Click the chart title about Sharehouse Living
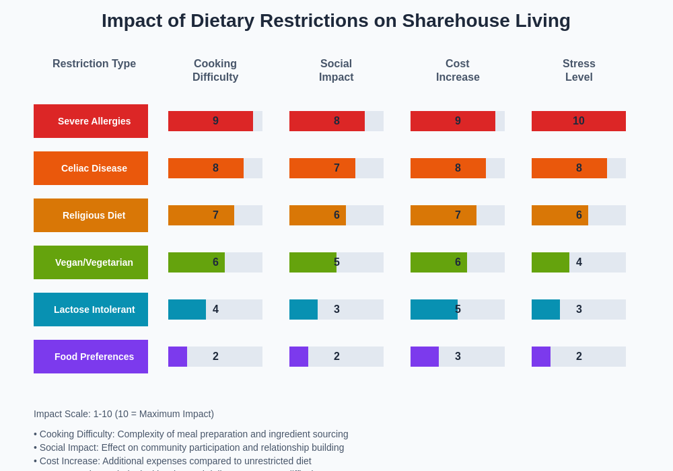[336, 21]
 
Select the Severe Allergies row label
[91, 121]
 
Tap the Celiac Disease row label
[91, 168]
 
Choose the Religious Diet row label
[91, 215]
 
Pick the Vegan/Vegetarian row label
[91, 262]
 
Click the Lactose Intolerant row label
[91, 310]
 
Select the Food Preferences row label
[91, 357]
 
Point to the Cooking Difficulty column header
[215, 71]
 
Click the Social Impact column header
[336, 71]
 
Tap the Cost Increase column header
[458, 71]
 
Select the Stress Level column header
[579, 71]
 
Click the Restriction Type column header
[94, 64]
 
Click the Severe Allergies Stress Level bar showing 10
[579, 121]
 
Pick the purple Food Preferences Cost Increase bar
[425, 357]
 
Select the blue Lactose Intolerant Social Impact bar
[304, 310]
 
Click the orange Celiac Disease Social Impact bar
[322, 168]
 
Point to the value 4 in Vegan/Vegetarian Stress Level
[579, 262]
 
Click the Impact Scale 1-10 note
[124, 414]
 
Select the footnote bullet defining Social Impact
[189, 447]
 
